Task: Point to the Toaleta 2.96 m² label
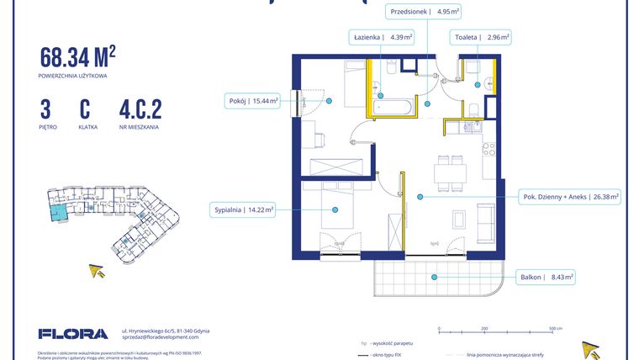(x=482, y=37)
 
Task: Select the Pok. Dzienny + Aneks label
(x=568, y=197)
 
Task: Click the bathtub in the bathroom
(x=392, y=108)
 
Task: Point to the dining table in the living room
(x=450, y=172)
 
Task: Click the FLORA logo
(x=73, y=334)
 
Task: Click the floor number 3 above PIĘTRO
(x=45, y=110)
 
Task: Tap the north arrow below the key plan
(x=98, y=270)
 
